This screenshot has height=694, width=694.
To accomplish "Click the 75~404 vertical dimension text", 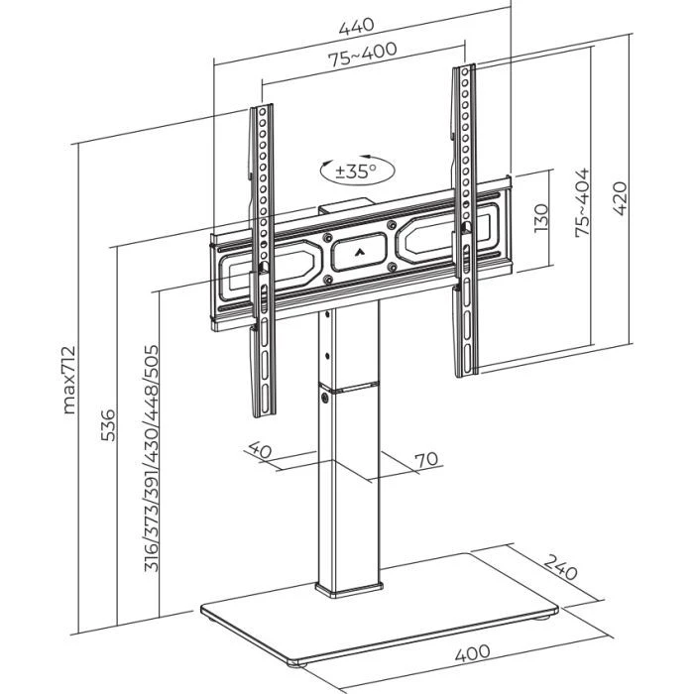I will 583,201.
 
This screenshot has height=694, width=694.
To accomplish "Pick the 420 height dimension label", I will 621,199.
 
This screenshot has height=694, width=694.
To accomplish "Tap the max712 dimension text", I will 68,377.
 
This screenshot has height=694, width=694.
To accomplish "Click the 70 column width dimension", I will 426,459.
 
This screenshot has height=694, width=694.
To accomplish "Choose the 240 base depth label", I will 561,572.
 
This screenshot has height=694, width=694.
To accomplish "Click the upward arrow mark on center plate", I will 357,253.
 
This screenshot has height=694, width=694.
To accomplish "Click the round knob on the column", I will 326,397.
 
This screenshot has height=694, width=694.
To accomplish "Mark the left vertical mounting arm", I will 262,258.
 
